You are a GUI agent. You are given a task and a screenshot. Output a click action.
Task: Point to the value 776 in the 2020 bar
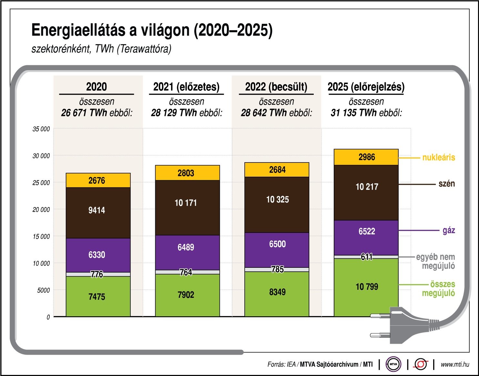click(97, 274)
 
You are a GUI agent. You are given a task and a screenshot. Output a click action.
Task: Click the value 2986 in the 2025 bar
click(367, 157)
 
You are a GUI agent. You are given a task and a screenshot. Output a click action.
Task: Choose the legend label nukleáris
click(439, 158)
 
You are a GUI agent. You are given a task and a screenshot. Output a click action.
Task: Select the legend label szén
click(446, 184)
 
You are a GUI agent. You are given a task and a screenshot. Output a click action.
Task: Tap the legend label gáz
click(449, 230)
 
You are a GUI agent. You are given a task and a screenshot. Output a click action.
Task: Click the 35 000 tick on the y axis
click(41, 129)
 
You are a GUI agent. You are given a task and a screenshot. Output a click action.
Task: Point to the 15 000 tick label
click(41, 236)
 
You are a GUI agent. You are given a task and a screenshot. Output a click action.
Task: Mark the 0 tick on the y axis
click(48, 317)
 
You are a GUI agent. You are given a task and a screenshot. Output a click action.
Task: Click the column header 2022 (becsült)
click(276, 87)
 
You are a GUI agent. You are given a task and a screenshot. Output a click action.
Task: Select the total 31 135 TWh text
click(353, 113)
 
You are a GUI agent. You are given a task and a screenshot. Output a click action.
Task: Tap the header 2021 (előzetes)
click(186, 87)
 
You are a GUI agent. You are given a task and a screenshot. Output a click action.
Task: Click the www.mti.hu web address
click(455, 364)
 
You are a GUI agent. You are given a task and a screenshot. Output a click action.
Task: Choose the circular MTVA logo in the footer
click(393, 364)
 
